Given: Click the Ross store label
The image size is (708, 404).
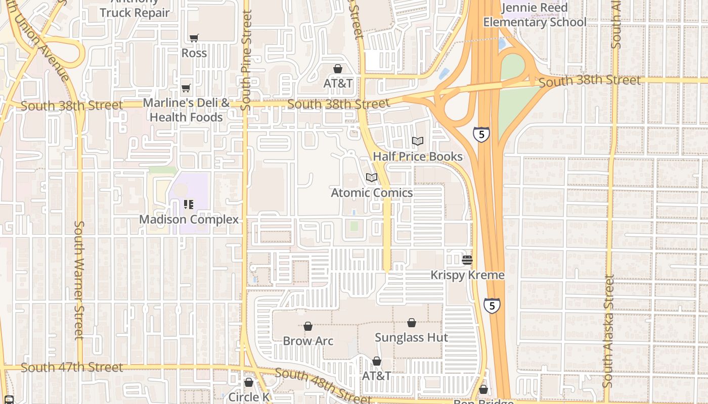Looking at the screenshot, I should coord(194,53).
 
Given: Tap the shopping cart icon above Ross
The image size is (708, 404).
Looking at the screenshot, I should coord(194,38).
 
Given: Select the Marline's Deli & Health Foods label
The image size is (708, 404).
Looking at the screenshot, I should coord(186,110).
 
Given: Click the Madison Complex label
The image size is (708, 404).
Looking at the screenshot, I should coord(189,220).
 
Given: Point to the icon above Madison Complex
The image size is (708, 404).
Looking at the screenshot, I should coord(189,205).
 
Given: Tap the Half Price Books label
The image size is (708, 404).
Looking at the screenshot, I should coord(418,157).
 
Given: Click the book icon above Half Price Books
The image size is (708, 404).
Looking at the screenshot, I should coord(418,141).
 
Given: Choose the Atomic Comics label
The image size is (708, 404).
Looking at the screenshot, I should coord(372,193).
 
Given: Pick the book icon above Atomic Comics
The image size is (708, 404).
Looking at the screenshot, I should coord(372,178).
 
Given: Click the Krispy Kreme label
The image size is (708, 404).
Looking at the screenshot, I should coord(467,275).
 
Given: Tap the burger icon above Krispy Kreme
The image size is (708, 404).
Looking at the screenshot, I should coord(467,260).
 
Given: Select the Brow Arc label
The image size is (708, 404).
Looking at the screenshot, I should coord(308,341).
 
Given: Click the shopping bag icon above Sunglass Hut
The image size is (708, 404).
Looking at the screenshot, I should coord(412,323).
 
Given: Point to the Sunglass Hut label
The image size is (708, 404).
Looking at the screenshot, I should coord(412,337).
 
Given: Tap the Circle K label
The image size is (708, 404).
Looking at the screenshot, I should coord(248,397).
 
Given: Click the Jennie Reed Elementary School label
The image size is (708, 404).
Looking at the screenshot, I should coord(535,15).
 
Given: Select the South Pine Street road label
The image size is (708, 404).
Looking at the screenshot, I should coord(246,61).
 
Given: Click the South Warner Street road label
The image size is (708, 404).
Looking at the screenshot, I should coord(79,280).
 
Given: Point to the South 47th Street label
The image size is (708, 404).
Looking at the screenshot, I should coord(72,367).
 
